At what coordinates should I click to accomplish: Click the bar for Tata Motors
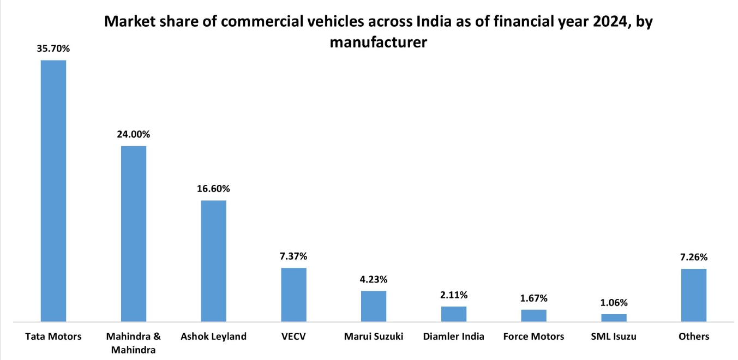[53, 191]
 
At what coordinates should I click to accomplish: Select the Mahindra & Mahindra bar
[134, 233]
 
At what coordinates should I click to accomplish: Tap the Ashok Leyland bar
[213, 261]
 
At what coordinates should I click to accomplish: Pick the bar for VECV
[293, 295]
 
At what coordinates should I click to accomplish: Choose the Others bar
[694, 295]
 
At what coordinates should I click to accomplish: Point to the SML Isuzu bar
[614, 317]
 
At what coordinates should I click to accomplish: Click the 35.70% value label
[53, 49]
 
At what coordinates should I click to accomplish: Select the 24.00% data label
[134, 134]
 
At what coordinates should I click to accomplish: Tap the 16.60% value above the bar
[213, 189]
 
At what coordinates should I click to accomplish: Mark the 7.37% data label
[293, 256]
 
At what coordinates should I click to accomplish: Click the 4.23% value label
[374, 279]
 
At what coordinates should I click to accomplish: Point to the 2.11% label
[454, 295]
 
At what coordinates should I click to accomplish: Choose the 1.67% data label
[533, 298]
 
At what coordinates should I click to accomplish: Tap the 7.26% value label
[694, 257]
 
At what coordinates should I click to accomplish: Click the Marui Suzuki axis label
[374, 337]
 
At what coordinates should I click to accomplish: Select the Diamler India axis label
[454, 337]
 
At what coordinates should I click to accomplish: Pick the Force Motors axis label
[533, 337]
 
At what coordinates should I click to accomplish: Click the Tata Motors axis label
[53, 337]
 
